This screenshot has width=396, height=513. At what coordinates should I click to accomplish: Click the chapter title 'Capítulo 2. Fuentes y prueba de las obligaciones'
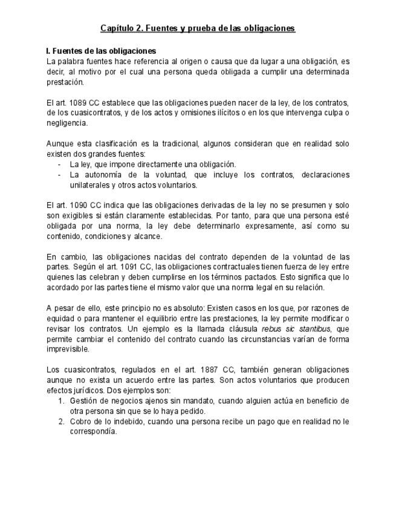198,28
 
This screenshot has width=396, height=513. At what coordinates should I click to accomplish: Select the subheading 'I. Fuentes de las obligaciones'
101,51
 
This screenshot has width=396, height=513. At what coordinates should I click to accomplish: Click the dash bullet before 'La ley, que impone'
59,165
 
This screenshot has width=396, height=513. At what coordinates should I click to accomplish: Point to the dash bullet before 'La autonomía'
59,175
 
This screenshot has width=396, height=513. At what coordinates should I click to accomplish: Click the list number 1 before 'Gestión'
61,400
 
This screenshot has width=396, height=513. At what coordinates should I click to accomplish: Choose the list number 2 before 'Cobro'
61,421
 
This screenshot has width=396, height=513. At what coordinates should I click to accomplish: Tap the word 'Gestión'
84,400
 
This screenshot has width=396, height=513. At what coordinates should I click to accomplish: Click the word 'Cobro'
81,421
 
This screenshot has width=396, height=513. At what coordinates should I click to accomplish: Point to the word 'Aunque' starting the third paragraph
60,144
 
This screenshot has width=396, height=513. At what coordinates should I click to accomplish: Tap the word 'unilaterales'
90,185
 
